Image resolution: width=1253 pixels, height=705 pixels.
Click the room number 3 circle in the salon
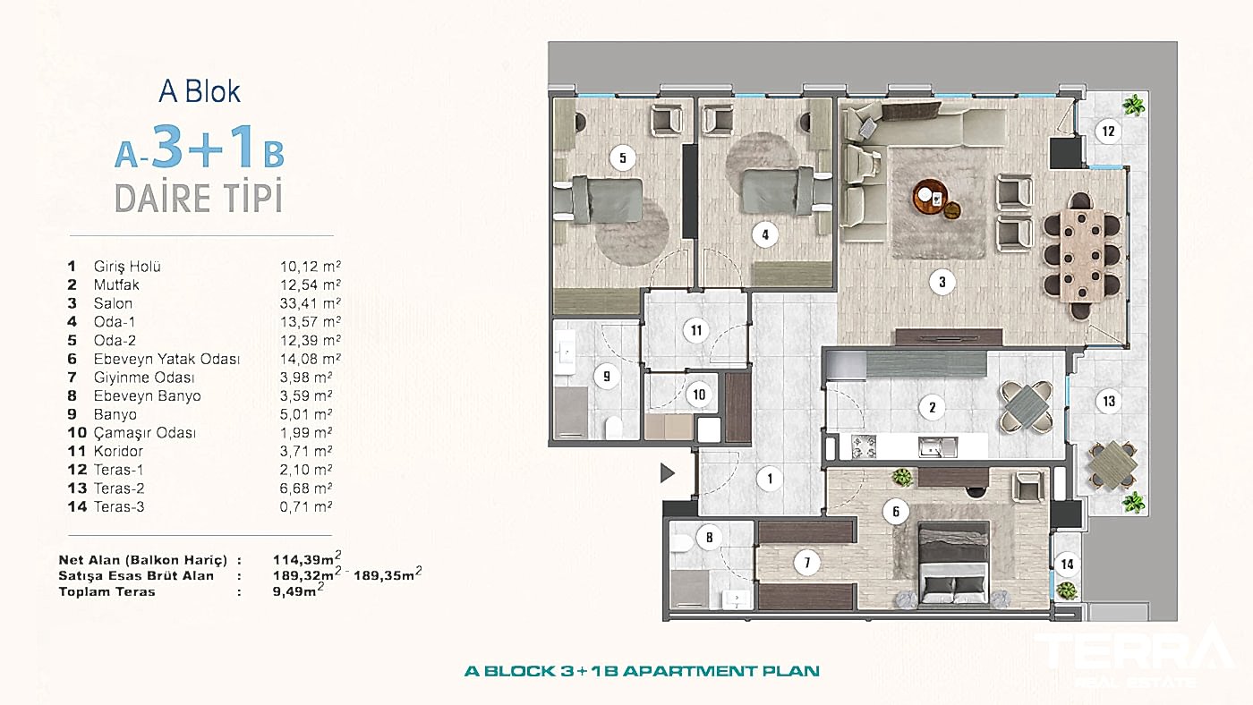[x=942, y=283]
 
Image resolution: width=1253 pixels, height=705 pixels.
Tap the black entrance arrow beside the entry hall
[x=668, y=473]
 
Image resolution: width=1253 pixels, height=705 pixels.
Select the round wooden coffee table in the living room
[x=930, y=197]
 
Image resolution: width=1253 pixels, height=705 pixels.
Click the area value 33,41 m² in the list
[x=311, y=303]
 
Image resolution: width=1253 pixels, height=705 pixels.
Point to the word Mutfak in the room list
[x=116, y=285]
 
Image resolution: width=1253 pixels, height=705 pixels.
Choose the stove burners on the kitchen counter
[x=863, y=446]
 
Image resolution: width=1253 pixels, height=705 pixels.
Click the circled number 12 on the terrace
[x=1108, y=132]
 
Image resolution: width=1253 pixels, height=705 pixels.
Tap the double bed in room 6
[x=954, y=564]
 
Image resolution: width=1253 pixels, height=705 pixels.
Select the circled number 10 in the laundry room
[x=699, y=395]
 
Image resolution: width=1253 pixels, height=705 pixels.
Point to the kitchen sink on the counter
[x=938, y=446]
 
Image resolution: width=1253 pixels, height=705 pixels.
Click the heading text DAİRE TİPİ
[x=199, y=198]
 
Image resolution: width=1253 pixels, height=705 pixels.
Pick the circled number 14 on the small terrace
[x=1067, y=565]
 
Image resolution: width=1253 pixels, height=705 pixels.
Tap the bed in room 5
[x=599, y=200]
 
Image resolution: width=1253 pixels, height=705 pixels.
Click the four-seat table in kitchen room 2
[x=1026, y=407]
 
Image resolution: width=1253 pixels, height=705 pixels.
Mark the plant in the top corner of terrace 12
[x=1133, y=105]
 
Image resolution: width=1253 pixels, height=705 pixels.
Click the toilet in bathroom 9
[x=614, y=428]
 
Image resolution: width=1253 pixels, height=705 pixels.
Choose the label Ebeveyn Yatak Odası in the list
[x=166, y=359]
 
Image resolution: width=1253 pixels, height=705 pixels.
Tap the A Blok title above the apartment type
[x=200, y=91]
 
